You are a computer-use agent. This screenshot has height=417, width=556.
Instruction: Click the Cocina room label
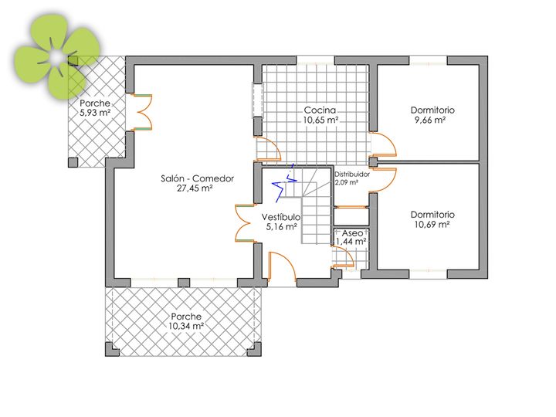320,110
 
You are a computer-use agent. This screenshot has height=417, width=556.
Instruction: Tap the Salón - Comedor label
197,178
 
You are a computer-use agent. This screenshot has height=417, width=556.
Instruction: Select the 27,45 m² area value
195,188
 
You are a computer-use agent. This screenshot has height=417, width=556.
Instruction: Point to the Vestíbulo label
281,217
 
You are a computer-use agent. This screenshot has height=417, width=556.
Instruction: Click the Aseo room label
352,233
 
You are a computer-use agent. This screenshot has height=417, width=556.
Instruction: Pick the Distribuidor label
352,175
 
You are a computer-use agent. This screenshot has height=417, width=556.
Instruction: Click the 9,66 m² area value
430,120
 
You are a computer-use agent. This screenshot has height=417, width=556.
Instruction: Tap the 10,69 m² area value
432,225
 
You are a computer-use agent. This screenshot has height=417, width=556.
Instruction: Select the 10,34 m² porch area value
186,326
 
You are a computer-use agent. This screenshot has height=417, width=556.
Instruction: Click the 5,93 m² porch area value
95,113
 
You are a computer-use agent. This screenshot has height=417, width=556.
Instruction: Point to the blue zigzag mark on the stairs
284,183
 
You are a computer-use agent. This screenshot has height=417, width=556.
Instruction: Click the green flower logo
56,56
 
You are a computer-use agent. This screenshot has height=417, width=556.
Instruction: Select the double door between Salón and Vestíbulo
245,223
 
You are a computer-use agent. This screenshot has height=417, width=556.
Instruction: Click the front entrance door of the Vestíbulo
283,266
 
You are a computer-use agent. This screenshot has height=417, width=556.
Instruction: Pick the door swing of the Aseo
343,256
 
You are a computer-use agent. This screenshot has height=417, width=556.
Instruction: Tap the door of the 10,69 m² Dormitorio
384,180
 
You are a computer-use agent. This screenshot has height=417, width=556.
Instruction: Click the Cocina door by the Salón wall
269,148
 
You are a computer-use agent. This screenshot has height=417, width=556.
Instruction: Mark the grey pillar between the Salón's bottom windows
184,283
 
